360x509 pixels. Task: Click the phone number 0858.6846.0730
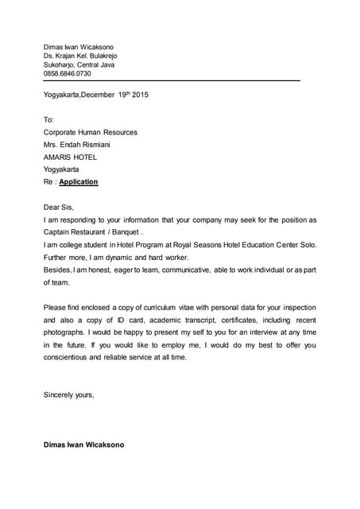click(x=67, y=73)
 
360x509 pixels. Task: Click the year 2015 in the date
click(x=138, y=95)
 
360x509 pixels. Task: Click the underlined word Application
click(x=79, y=181)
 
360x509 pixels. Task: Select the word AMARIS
click(x=57, y=157)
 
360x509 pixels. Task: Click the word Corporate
click(x=61, y=132)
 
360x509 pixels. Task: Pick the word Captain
click(x=57, y=231)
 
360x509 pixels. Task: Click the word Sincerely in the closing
click(x=60, y=394)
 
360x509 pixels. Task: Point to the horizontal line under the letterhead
click(x=171, y=81)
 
